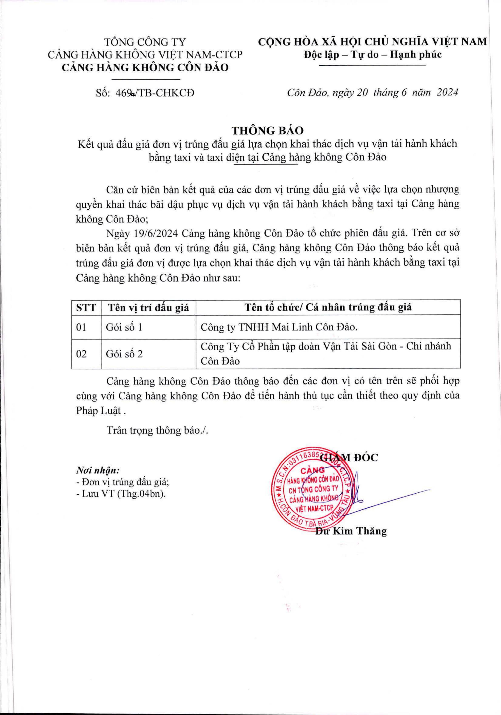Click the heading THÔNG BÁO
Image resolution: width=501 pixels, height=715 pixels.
click(x=268, y=130)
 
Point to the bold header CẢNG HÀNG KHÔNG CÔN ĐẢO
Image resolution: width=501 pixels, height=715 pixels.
click(x=145, y=68)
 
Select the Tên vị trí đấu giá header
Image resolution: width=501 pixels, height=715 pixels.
click(x=148, y=308)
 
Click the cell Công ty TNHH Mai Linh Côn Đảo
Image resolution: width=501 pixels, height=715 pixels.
click(x=279, y=327)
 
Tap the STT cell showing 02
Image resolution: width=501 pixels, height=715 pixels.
click(x=81, y=354)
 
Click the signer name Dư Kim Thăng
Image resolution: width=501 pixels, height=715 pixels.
click(x=351, y=531)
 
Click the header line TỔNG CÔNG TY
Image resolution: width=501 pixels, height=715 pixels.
click(x=145, y=42)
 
